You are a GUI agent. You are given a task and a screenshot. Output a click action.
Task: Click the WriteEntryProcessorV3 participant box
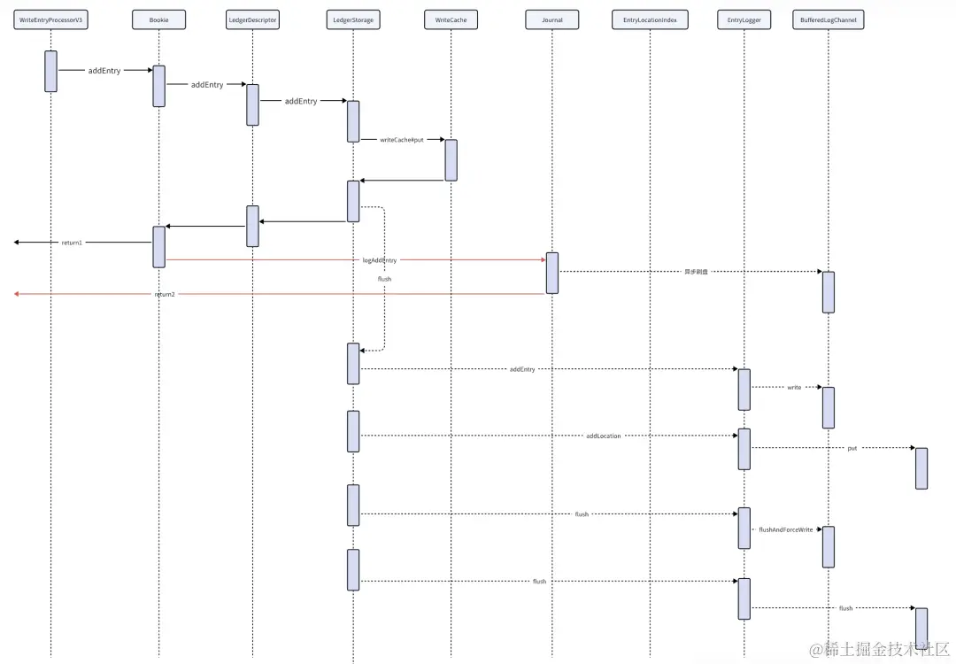51,19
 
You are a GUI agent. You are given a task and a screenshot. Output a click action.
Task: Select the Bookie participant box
159,19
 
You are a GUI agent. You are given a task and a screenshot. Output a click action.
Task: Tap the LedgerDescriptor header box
252,19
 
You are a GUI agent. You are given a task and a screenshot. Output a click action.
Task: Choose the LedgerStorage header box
352,19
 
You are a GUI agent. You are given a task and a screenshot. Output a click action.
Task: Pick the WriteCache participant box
451,19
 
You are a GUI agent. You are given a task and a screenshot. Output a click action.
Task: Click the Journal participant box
551,19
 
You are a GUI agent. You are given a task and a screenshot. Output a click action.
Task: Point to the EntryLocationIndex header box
650,19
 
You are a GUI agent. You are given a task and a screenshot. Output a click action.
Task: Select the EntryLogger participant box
744,19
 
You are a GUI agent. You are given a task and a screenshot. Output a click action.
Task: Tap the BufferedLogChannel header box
829,19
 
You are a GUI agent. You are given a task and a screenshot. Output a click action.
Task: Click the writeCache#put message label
402,140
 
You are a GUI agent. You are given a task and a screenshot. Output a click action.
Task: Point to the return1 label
73,243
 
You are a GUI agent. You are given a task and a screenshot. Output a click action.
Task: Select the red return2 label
165,294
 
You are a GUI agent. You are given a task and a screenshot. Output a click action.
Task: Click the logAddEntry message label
380,260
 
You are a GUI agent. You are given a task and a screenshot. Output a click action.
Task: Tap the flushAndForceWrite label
785,529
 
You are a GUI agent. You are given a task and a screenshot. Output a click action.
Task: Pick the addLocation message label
604,436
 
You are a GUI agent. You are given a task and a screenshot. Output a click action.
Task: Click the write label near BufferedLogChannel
794,388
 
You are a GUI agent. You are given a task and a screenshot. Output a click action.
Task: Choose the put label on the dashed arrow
852,449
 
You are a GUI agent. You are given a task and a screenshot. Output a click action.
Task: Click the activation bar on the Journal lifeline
552,273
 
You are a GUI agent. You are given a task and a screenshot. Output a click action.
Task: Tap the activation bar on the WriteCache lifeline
451,159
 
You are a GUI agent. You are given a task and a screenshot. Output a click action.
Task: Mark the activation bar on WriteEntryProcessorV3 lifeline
51,71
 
